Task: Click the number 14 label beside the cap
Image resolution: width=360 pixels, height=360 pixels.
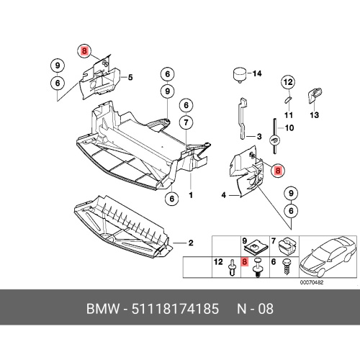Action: tap(257, 73)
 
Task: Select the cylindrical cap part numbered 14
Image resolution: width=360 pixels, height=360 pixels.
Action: tap(240, 75)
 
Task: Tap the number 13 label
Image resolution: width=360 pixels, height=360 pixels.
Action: tap(314, 115)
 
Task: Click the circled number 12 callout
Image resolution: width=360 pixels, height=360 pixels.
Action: tap(288, 82)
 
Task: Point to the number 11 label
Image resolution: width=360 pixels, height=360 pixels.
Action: tap(289, 115)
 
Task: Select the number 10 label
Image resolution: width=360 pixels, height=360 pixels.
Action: tap(289, 127)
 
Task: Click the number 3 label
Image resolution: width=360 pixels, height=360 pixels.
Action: tap(259, 137)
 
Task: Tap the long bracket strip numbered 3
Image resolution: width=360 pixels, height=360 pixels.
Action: tap(243, 118)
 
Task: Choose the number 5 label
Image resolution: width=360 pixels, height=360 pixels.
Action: tap(130, 78)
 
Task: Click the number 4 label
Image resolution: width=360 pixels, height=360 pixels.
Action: tap(224, 195)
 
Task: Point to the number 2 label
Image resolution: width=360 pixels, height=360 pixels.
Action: tap(191, 243)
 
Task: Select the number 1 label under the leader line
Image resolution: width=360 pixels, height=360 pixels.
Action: tap(191, 195)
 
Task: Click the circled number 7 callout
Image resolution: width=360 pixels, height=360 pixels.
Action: tap(186, 122)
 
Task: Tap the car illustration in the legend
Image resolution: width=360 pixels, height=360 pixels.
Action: tap(327, 256)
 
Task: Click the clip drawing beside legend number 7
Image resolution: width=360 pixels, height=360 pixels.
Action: tap(287, 246)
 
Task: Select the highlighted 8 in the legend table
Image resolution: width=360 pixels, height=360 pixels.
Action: tap(244, 261)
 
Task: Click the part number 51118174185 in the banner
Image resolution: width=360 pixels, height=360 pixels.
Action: tap(175, 309)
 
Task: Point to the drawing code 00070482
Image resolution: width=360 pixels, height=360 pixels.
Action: tap(312, 282)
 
